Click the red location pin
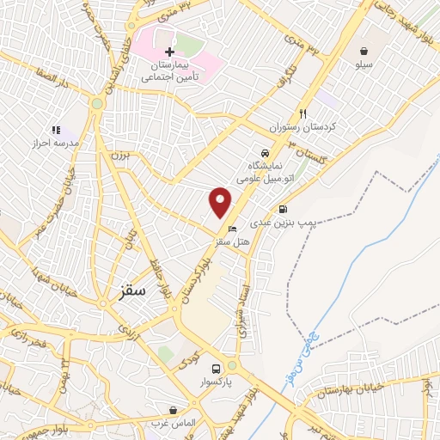[221, 202]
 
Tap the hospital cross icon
[168, 52]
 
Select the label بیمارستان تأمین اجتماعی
[171, 70]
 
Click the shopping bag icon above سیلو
[365, 51]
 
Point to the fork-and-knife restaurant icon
[302, 113]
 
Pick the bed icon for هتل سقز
[233, 229]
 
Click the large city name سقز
[129, 290]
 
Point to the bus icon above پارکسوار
[229, 366]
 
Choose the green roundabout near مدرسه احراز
[97, 104]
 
